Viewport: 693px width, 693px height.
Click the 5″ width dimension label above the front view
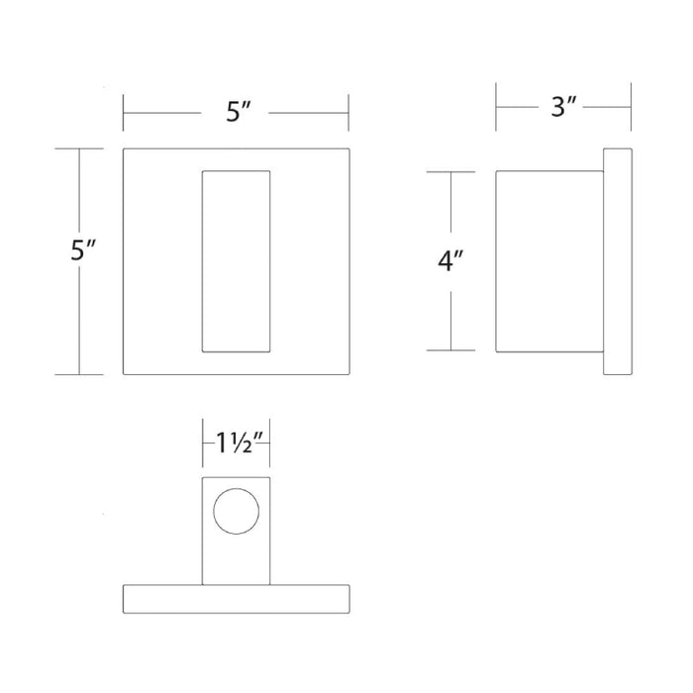(239, 111)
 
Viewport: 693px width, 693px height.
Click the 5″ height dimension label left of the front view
(83, 249)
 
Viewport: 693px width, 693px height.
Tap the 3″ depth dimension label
(563, 107)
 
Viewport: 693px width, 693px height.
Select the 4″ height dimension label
(450, 260)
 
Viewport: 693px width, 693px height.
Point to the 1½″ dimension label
(240, 443)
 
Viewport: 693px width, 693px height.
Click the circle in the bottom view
(236, 488)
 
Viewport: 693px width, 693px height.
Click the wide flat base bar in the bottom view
(236, 585)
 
